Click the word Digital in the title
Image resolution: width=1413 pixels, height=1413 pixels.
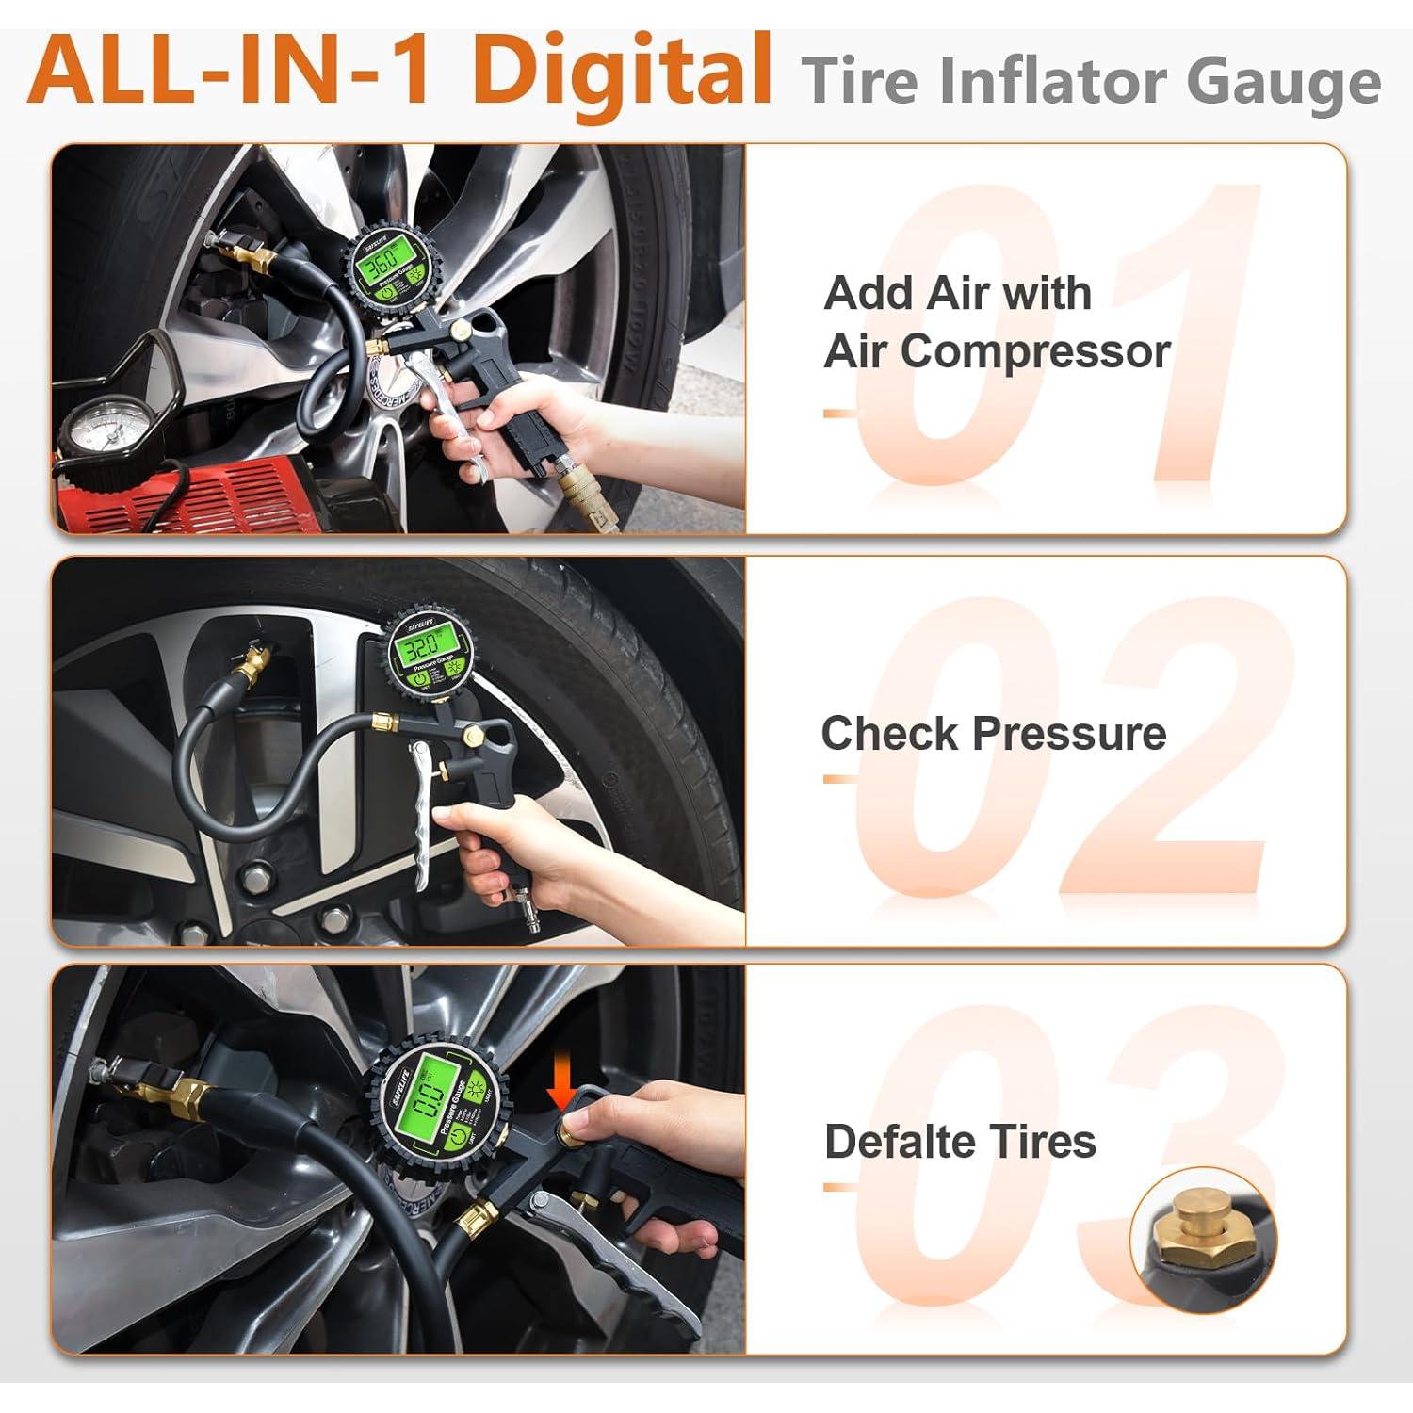tap(622, 71)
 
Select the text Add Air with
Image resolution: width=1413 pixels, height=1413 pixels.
tap(957, 293)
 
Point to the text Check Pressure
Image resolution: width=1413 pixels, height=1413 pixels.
tap(993, 734)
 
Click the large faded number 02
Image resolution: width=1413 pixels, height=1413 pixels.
tap(1069, 749)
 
